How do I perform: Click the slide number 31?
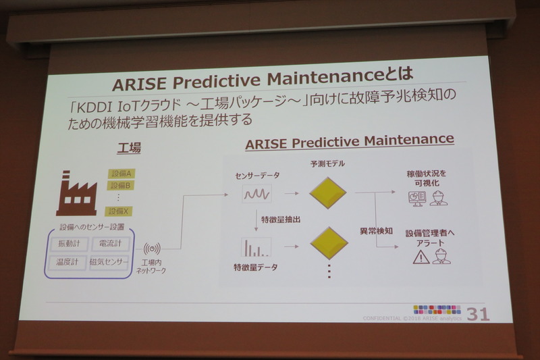[478, 315]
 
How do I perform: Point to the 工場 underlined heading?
[129, 149]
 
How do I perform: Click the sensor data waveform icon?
[257, 195]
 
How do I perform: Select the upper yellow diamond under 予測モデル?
[329, 192]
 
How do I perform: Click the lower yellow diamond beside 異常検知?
[329, 242]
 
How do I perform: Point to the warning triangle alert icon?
[421, 257]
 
